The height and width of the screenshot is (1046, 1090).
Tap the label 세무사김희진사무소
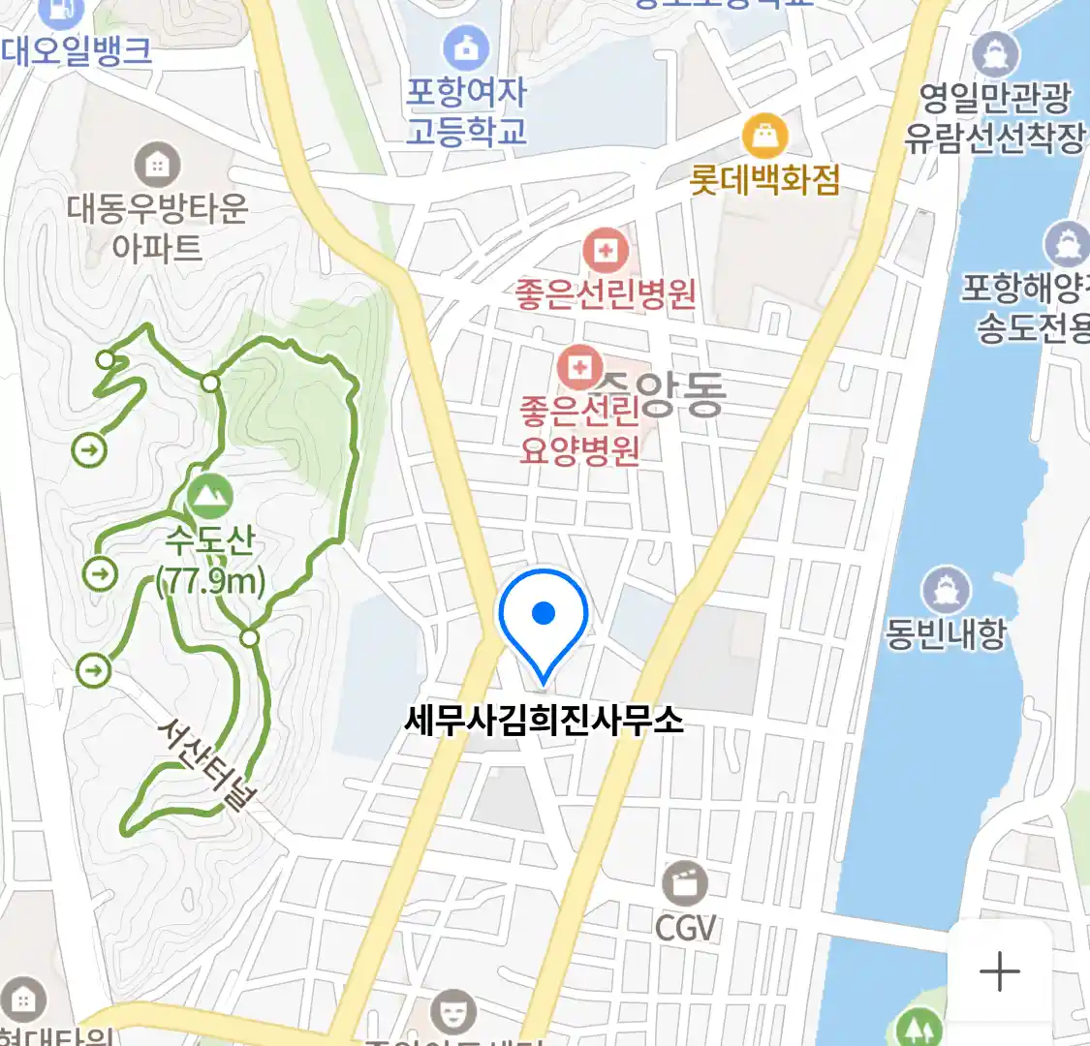click(x=544, y=721)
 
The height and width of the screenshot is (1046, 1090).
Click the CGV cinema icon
click(x=685, y=884)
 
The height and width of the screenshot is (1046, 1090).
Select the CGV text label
click(x=685, y=928)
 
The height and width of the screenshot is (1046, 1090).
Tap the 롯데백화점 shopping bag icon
click(x=764, y=137)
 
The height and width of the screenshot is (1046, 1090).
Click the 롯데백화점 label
click(x=764, y=180)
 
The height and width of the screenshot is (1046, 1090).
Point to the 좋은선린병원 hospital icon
click(x=606, y=252)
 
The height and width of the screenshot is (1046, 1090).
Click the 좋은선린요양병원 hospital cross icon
click(x=579, y=367)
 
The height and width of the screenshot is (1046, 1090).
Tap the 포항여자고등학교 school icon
click(x=467, y=46)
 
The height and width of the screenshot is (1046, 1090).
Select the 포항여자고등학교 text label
click(x=467, y=111)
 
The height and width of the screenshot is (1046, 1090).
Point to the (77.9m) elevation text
click(x=211, y=581)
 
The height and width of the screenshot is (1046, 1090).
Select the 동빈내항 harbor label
click(x=946, y=633)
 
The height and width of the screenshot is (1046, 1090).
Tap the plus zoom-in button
click(x=999, y=971)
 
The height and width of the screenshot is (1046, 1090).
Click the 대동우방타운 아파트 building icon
click(x=157, y=166)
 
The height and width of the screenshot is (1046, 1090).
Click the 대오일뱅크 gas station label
click(x=77, y=50)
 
